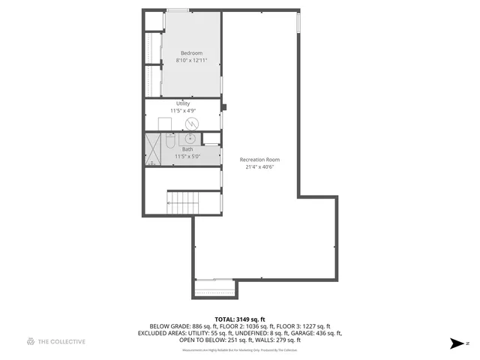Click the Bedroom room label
coord(191,52)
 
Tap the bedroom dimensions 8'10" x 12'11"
coord(191,59)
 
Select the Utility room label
coord(183,103)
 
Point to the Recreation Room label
coord(259,160)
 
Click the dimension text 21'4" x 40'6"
coord(259,167)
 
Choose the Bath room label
coord(187,149)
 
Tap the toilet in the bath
coord(169,139)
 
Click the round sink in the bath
coord(191,138)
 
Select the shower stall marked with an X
coord(153,148)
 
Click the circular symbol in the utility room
coord(191,122)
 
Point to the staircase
coord(183,202)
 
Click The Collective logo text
coord(62,341)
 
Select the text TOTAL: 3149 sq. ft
coord(240,319)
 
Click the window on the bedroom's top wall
coord(178,10)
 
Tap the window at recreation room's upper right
coord(299,23)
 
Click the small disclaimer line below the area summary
coord(240,350)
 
